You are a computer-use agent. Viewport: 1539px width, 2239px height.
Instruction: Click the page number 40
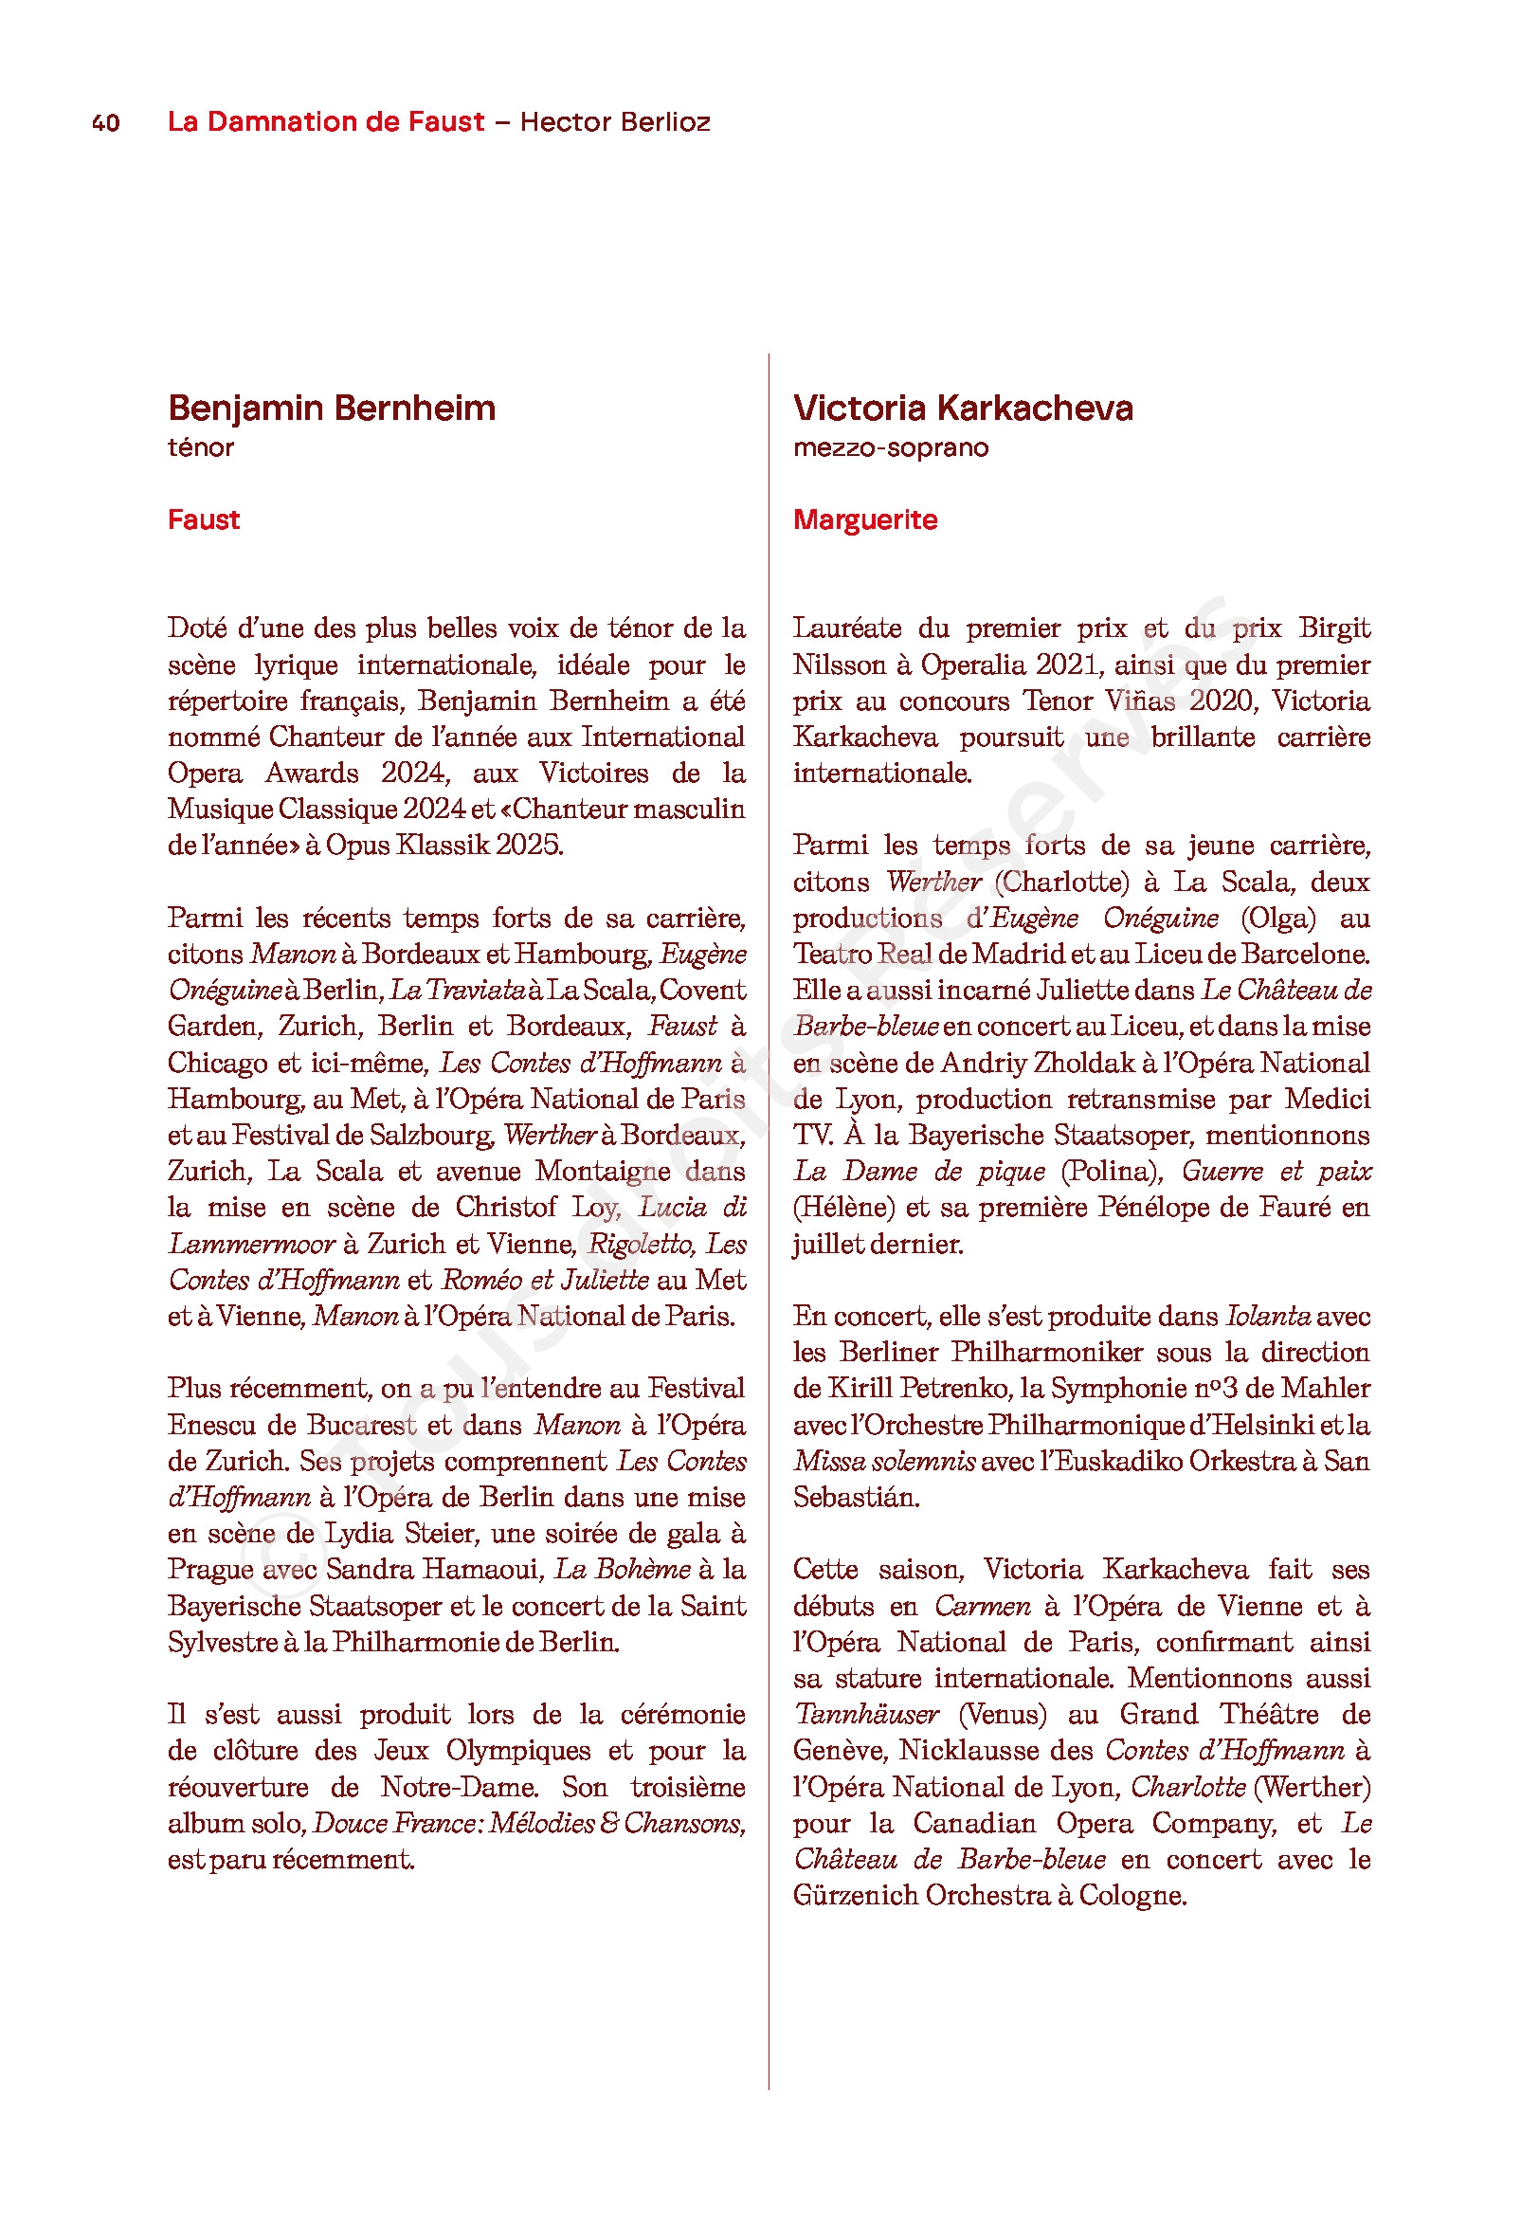[x=106, y=123]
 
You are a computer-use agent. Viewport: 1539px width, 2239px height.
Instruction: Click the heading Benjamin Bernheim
[x=332, y=408]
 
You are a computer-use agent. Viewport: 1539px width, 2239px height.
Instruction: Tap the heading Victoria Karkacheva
[x=963, y=408]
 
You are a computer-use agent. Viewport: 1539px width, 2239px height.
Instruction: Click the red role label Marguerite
[x=865, y=519]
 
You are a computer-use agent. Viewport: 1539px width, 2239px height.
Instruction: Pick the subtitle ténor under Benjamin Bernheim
[x=201, y=448]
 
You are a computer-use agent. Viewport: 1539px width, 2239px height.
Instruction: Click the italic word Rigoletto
[x=641, y=1245]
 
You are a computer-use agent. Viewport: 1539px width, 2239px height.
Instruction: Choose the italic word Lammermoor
[x=252, y=1245]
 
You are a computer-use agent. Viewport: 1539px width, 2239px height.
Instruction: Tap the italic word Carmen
[x=982, y=1608]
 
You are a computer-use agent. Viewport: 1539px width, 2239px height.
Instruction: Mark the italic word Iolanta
[x=1267, y=1318]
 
